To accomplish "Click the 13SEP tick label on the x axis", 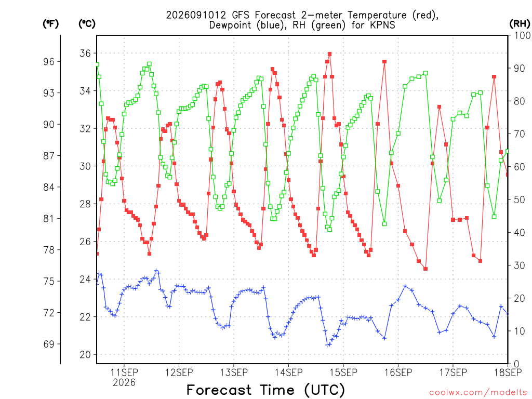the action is (x=234, y=372).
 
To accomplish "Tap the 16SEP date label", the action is (x=398, y=372).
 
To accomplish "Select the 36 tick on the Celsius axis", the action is (x=85, y=54).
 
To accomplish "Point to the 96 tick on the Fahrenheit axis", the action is (x=49, y=62).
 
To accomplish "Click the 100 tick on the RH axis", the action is (x=522, y=35).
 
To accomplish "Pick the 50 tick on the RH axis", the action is (x=520, y=199).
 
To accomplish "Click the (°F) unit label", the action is (x=50, y=24).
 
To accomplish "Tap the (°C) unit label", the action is (x=87, y=24).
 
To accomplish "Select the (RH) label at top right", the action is (x=520, y=24).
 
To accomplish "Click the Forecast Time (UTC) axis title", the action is (x=265, y=390).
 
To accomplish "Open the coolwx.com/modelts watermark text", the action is (x=478, y=393).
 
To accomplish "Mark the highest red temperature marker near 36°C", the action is (x=329, y=54).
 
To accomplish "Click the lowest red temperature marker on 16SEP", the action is (x=425, y=269).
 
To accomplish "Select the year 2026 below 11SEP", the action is (x=124, y=382).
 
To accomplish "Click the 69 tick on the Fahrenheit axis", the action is (x=49, y=344).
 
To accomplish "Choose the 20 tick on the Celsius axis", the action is (x=85, y=354).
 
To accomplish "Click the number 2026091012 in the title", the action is (x=196, y=15).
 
